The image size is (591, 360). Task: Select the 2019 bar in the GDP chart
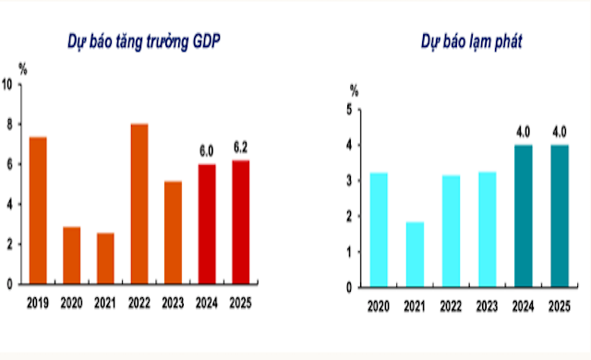click(x=38, y=210)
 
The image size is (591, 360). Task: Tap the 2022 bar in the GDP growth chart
click(x=139, y=204)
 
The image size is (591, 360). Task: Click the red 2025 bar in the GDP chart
click(x=240, y=222)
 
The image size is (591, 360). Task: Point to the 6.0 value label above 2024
click(x=207, y=150)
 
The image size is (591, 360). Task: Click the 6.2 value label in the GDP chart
click(x=240, y=147)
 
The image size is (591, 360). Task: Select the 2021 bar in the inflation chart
click(x=415, y=254)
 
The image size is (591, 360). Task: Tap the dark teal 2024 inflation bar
click(x=524, y=215)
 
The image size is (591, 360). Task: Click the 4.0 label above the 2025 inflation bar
click(x=558, y=130)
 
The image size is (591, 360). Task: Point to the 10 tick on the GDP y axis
click(x=8, y=84)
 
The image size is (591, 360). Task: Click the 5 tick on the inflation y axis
click(x=349, y=110)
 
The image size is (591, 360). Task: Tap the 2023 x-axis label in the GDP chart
click(x=173, y=301)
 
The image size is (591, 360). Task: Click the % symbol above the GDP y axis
click(x=22, y=68)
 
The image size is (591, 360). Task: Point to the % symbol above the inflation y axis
click(x=353, y=90)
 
